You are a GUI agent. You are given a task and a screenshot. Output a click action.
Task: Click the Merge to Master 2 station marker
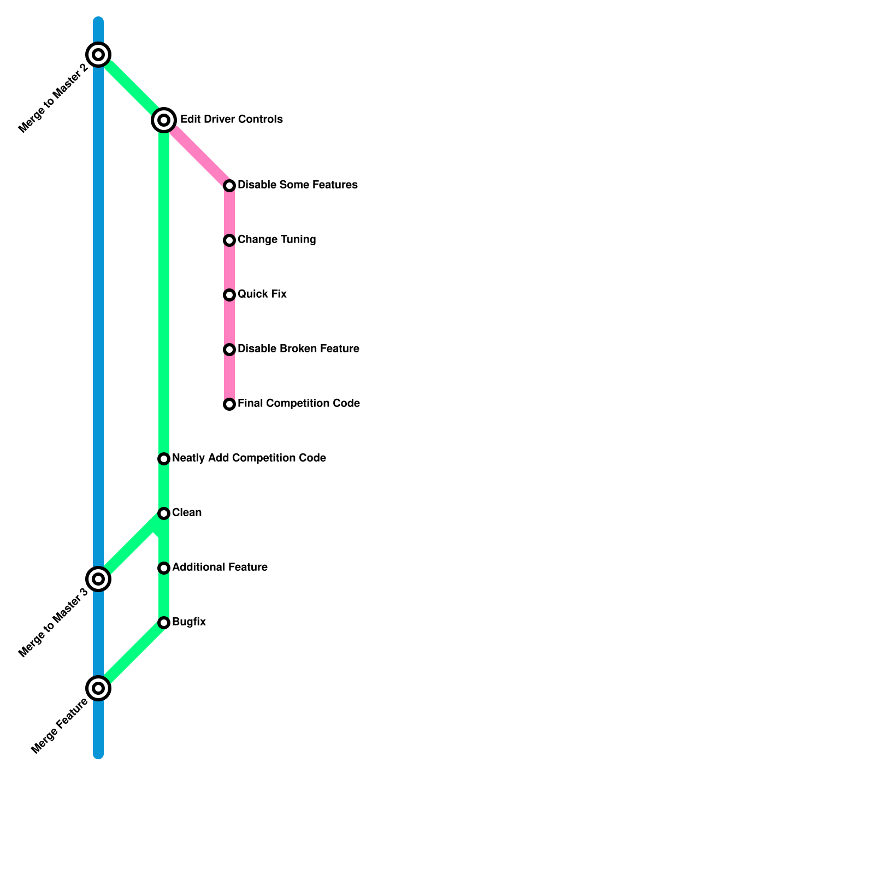click(98, 55)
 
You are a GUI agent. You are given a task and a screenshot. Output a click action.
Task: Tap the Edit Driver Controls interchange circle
click(164, 120)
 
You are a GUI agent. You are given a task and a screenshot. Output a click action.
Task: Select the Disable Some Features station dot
click(229, 186)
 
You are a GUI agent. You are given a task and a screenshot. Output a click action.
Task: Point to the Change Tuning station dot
click(229, 240)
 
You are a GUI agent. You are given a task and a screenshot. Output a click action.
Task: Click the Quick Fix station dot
click(229, 295)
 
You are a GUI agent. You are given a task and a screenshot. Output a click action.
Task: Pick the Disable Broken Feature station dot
click(229, 350)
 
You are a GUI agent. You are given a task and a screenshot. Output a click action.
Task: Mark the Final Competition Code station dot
click(229, 404)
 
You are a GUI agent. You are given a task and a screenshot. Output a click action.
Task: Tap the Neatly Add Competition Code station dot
click(164, 459)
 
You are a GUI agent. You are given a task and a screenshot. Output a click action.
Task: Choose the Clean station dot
click(164, 513)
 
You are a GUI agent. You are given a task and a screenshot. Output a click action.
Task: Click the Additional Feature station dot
click(164, 568)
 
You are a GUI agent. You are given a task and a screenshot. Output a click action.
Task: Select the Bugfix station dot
click(164, 623)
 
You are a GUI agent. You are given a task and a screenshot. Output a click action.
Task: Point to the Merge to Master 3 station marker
click(98, 579)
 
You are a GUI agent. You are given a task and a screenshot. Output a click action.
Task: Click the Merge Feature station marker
click(98, 688)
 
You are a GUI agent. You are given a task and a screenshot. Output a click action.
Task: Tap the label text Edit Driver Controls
click(232, 119)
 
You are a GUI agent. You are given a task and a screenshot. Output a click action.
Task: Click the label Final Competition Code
click(299, 404)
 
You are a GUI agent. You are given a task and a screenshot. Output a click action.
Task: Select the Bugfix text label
click(189, 622)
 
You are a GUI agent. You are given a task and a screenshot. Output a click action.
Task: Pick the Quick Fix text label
click(262, 294)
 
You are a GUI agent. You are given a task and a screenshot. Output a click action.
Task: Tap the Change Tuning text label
click(277, 240)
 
